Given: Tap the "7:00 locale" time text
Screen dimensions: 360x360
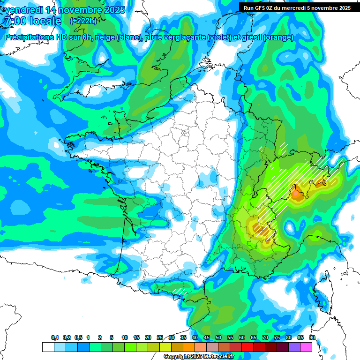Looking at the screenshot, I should tap(32, 21).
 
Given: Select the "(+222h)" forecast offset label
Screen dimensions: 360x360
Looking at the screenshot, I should tap(83, 21).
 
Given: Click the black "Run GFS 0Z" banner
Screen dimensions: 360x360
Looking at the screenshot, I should tap(297, 7).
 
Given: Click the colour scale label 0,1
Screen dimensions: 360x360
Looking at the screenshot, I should tap(55, 337).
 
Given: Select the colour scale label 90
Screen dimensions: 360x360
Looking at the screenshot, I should tap(312, 337).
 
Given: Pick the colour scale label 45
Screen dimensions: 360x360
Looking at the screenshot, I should tap(207, 337).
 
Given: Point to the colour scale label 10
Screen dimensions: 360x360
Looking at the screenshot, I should tap(125, 337).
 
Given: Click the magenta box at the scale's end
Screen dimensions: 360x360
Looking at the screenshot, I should tap(306, 347).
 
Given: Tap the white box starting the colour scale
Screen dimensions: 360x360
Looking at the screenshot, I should tap(48, 347).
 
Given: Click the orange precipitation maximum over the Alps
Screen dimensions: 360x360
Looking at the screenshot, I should tap(297, 193).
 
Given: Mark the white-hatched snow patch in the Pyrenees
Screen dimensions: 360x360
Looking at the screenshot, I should tap(180, 291).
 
